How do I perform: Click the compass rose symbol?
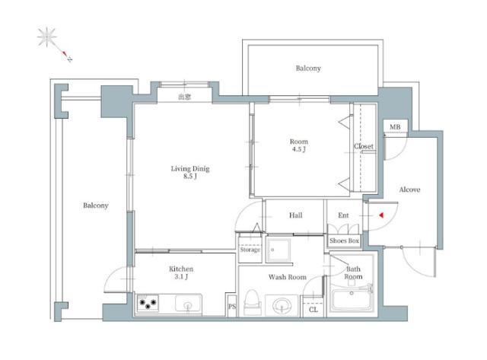(x=47, y=37)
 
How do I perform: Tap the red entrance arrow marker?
(x=381, y=215)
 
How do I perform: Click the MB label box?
(x=395, y=127)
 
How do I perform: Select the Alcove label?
(x=409, y=190)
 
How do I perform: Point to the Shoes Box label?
(x=344, y=241)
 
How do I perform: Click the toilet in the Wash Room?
(x=251, y=302)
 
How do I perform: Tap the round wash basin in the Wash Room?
(x=282, y=305)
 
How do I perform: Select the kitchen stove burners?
(x=148, y=303)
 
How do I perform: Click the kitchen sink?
(x=188, y=304)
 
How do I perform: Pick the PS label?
(x=232, y=307)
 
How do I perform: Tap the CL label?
(x=314, y=310)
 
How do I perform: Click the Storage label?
(x=250, y=250)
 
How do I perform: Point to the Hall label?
(x=296, y=215)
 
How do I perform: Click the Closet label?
(x=364, y=146)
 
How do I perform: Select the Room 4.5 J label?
(x=299, y=145)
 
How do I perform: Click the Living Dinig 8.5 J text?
(x=190, y=173)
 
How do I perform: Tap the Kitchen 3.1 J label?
(x=181, y=272)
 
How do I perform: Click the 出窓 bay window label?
(x=184, y=97)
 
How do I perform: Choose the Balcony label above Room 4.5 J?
(x=308, y=68)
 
